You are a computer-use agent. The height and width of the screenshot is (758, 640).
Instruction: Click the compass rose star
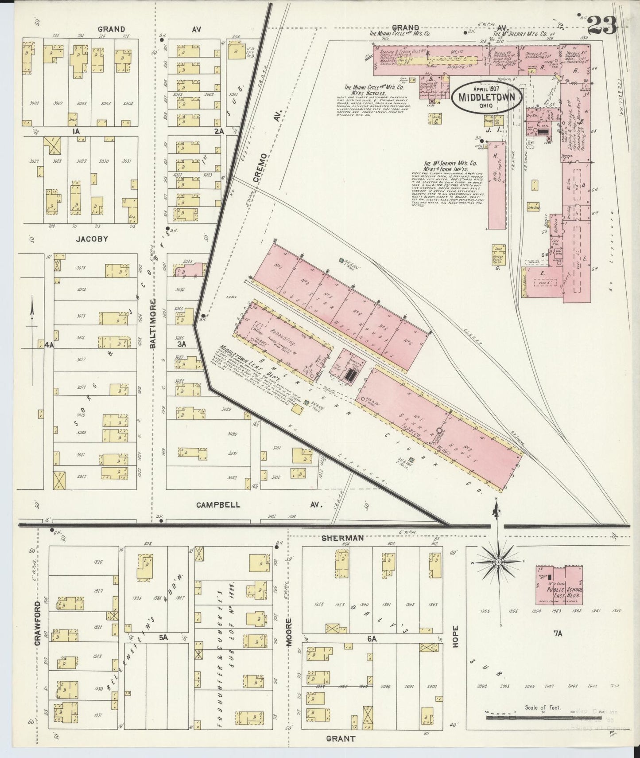(x=498, y=562)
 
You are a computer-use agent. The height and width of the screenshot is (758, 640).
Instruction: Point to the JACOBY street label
(x=92, y=239)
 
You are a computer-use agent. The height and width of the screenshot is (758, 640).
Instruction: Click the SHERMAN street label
(x=349, y=538)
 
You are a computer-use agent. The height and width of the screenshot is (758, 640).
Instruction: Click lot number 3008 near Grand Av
(x=34, y=103)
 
